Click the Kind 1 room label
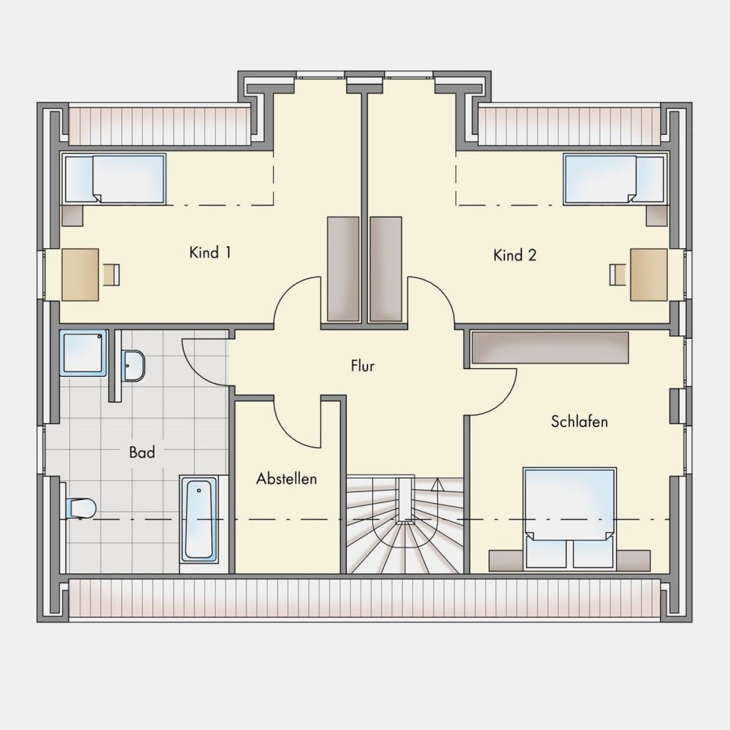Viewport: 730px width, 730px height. coord(210,253)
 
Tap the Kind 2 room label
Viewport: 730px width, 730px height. coord(515,255)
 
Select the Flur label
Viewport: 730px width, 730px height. coord(363,366)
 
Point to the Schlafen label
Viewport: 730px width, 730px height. coord(580,421)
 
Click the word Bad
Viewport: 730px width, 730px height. coord(142,452)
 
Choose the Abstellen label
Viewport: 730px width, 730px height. coord(286,479)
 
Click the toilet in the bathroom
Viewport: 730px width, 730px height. coord(80,508)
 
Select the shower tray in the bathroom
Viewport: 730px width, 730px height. coord(83,353)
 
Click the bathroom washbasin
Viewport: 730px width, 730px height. coord(134,366)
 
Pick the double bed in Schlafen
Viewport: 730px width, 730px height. coord(569,518)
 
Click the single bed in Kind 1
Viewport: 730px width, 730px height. coord(114,179)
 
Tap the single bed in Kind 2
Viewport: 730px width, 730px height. coord(615,179)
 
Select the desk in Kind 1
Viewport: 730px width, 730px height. coord(80,274)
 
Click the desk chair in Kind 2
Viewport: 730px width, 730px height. coord(618,274)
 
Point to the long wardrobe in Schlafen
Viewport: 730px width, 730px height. coord(550,347)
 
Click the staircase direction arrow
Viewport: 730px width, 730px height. coord(437,485)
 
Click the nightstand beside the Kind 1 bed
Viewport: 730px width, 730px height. coord(72,215)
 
